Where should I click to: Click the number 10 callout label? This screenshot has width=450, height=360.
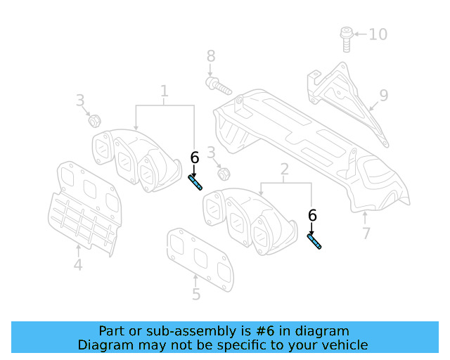click(x=378, y=34)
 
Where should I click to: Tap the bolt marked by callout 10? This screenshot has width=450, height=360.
click(x=345, y=38)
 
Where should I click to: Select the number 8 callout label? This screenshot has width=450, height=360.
click(x=211, y=56)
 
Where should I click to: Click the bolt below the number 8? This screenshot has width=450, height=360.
click(x=218, y=86)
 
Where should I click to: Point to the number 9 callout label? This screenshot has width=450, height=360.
click(x=383, y=95)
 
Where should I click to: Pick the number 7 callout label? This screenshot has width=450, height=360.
click(x=366, y=233)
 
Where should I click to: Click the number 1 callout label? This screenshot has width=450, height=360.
click(x=164, y=91)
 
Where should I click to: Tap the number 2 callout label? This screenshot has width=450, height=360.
click(x=285, y=169)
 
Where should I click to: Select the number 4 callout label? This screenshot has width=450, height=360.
click(x=78, y=265)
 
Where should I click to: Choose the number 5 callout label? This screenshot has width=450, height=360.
click(x=196, y=295)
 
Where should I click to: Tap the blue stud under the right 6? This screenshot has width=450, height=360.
click(x=314, y=241)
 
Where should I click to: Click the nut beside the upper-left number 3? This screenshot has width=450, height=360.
click(x=94, y=120)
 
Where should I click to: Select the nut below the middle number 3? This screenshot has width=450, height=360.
click(x=224, y=173)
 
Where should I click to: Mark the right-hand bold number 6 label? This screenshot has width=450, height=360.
click(x=312, y=216)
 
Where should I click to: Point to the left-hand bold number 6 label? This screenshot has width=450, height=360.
click(x=194, y=158)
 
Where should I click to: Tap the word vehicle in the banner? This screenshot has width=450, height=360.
click(x=344, y=345)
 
